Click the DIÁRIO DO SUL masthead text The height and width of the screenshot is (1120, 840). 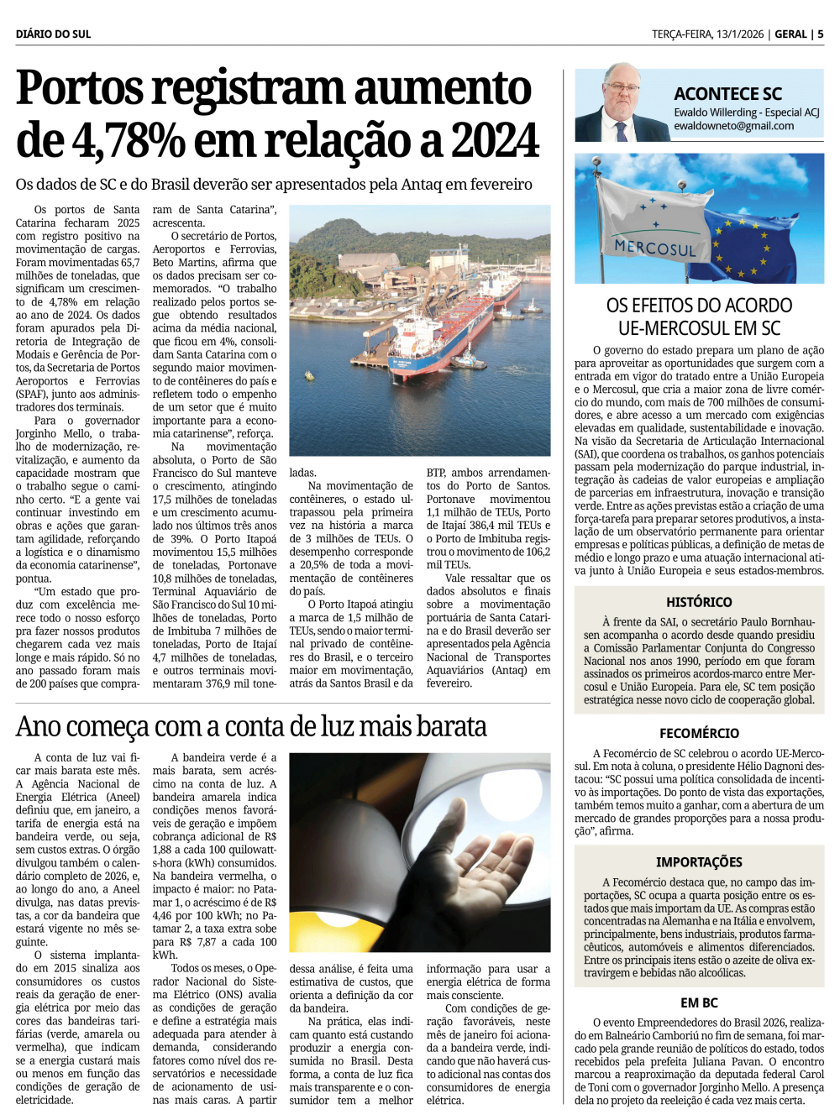(53, 34)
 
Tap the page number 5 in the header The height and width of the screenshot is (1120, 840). (820, 34)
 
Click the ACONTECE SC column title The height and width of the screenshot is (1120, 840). (727, 94)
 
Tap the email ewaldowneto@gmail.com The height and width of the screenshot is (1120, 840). (733, 126)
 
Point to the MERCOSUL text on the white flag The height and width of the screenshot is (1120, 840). (655, 249)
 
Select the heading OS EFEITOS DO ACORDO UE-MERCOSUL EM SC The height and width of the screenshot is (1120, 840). (699, 317)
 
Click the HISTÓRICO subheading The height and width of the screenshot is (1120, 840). (699, 602)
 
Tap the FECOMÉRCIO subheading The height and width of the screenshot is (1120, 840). (699, 733)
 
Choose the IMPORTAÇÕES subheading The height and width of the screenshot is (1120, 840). (699, 862)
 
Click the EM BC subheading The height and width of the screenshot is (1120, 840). (699, 1002)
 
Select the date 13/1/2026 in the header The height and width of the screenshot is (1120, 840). (738, 34)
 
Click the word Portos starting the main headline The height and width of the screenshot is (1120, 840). (80, 89)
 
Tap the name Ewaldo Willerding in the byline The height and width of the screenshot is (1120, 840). (715, 113)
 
